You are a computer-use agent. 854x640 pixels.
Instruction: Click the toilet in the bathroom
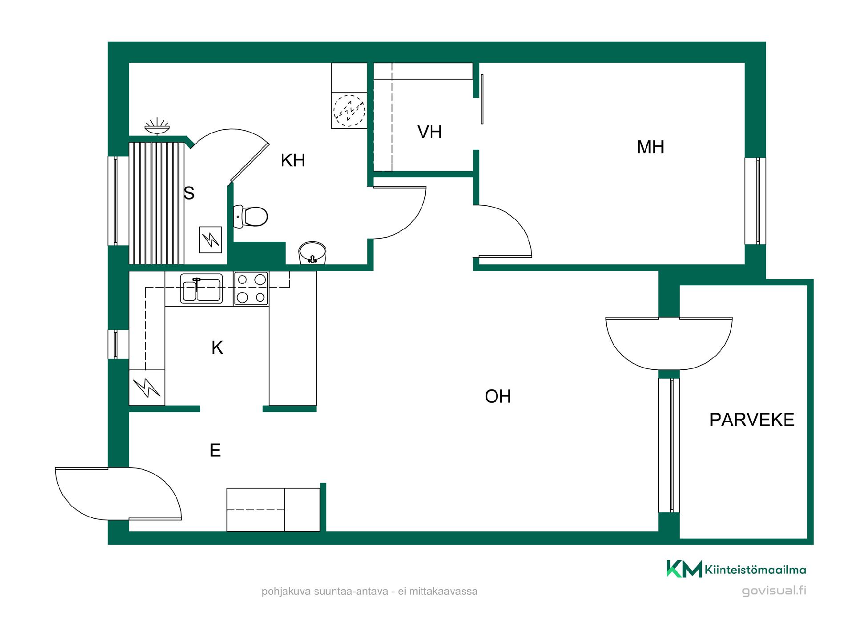[250, 216]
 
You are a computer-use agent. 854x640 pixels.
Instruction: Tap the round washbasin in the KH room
[312, 252]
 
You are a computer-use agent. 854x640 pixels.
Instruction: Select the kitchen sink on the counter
[201, 288]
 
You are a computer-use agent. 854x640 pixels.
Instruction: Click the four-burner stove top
[251, 288]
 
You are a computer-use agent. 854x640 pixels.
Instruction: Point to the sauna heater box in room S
[210, 240]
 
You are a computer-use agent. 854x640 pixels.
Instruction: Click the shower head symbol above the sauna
[157, 126]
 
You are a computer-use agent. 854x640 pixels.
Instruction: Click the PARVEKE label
[752, 420]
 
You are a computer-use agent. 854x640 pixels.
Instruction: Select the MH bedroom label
[650, 147]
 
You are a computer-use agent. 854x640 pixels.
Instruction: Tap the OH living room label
[498, 396]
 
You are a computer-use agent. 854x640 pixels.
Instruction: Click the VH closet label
[430, 132]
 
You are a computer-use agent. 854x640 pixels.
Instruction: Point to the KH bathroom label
[293, 160]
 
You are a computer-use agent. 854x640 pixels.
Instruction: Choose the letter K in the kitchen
[217, 348]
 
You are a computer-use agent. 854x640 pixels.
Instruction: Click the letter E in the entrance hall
[215, 450]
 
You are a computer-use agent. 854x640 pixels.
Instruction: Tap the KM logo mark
[684, 569]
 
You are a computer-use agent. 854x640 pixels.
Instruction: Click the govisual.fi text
[774, 591]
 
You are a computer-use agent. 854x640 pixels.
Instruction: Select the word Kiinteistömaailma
[755, 570]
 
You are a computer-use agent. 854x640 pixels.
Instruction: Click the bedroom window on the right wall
[755, 200]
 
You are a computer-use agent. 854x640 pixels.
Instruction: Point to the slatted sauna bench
[157, 203]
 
